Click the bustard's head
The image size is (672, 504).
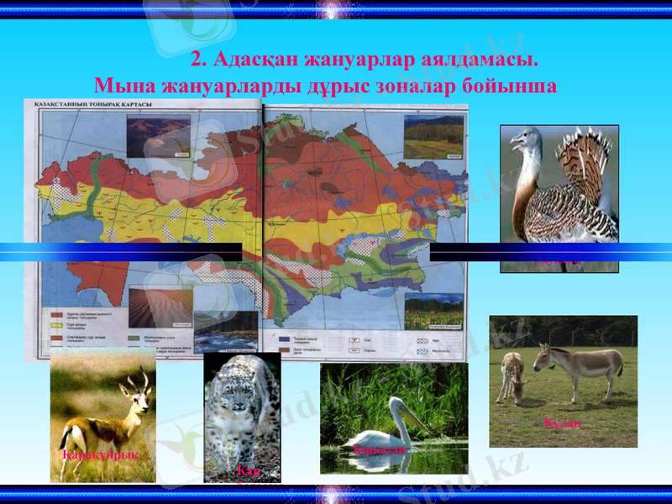pos(527,138)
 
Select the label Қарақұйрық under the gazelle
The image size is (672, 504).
pos(99,454)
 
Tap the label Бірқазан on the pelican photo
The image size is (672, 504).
pos(381,450)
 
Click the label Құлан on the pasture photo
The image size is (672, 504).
pos(562,424)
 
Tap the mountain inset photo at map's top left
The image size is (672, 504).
pos(158,137)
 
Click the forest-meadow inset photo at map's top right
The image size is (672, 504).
pos(433,138)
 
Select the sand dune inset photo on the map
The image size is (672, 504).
pos(160,308)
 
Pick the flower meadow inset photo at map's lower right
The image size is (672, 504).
pos(433,311)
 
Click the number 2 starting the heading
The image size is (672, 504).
pos(198,60)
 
